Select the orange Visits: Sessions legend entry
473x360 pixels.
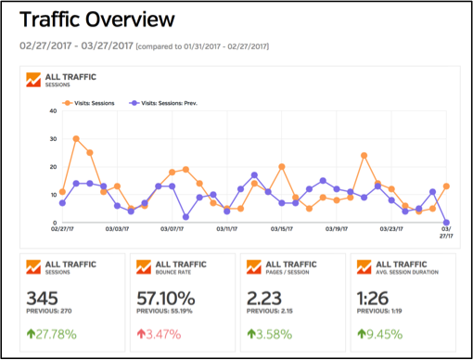pos(91,102)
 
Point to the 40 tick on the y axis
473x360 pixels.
pos(54,110)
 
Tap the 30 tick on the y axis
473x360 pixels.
pos(54,139)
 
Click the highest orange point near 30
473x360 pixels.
pos(76,139)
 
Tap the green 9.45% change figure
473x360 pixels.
pos(385,331)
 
